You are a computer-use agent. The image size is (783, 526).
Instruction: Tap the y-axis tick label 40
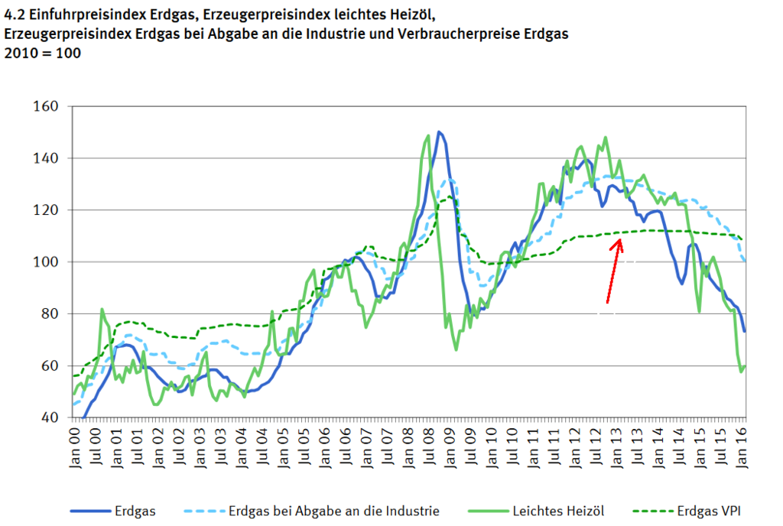[x=48, y=417]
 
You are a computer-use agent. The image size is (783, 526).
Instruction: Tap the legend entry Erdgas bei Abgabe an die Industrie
[x=333, y=510]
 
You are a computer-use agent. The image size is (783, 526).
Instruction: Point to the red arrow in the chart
[x=614, y=271]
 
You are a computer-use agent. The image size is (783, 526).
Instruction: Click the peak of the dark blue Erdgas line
[x=439, y=131]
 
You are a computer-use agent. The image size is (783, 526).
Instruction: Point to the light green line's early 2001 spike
[x=102, y=310]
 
